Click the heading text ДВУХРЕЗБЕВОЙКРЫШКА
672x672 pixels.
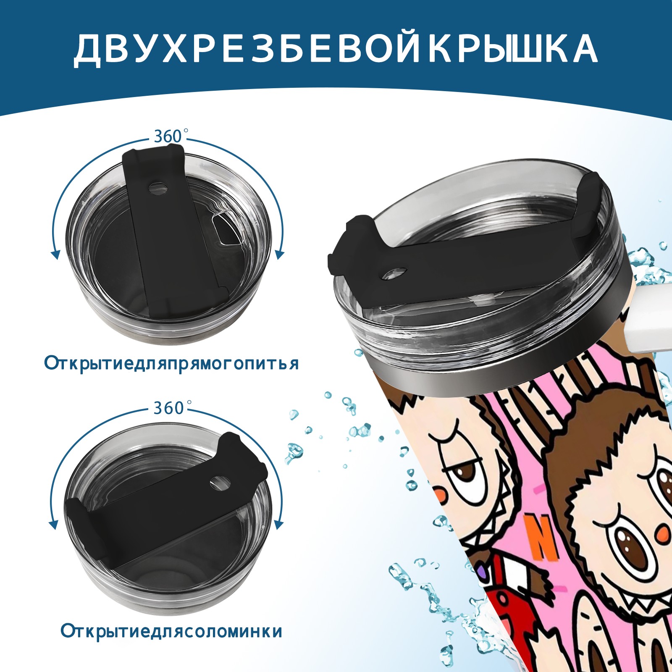[x=336, y=49]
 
